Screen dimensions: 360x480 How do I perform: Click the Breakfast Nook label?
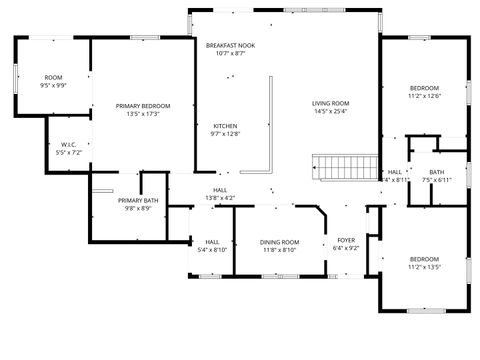pos(230,46)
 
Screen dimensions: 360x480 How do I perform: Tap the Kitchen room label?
pos(225,126)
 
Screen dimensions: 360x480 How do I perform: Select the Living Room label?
pos(330,103)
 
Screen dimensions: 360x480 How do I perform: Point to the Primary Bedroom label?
pos(142,106)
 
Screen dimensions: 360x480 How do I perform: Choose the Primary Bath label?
pos(138,200)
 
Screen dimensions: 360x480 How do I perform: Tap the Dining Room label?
pos(279,242)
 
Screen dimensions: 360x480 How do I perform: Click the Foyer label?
pos(346,241)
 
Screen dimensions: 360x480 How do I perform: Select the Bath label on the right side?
pos(437,172)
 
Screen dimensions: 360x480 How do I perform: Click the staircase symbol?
pos(344,166)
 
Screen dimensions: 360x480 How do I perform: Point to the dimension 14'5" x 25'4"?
pos(330,112)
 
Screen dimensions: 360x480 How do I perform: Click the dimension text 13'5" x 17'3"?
pos(142,114)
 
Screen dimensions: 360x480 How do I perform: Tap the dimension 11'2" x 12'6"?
pos(424,97)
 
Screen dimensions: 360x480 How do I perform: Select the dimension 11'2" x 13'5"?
pos(424,267)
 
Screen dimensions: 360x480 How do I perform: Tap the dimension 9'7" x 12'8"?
pos(225,134)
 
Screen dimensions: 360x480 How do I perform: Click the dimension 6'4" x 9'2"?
pos(346,249)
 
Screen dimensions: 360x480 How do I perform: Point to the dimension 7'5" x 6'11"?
pos(437,180)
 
